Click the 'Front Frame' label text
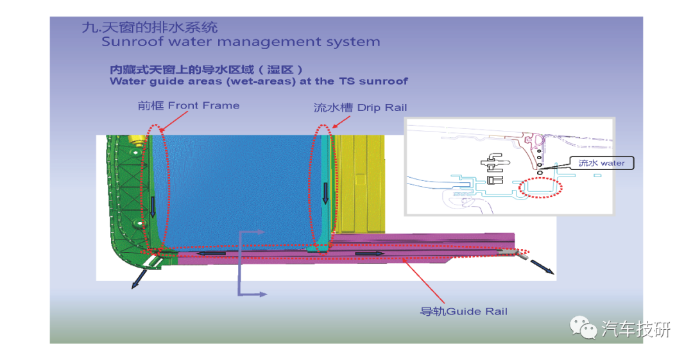(204, 106)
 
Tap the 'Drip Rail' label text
(382, 107)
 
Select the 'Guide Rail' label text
(477, 311)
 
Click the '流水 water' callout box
(601, 163)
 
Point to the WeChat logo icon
(583, 328)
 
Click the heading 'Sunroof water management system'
(241, 42)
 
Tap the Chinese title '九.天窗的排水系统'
(150, 28)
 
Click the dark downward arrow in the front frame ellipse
(153, 207)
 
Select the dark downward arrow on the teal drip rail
(325, 193)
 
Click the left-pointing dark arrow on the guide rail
(211, 253)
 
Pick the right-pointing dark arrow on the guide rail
(370, 253)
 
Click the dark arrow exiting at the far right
(542, 267)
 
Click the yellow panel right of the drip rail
(360, 183)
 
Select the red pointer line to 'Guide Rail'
(424, 281)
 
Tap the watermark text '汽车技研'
(636, 329)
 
